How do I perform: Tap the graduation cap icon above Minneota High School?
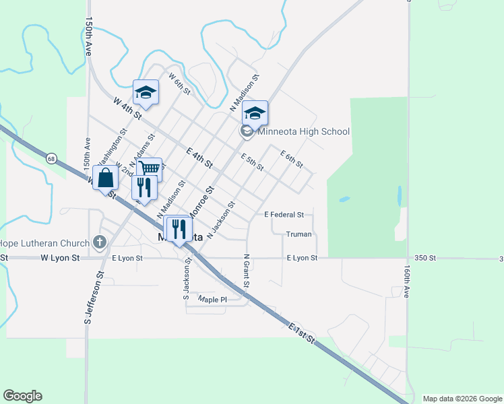click(x=255, y=113)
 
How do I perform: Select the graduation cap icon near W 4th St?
click(x=146, y=92)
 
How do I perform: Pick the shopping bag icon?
click(x=106, y=178)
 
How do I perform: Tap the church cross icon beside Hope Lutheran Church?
click(x=99, y=242)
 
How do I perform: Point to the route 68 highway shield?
click(x=52, y=158)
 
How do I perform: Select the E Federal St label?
click(x=284, y=215)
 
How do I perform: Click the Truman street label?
click(x=298, y=234)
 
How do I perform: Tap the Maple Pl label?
click(x=212, y=298)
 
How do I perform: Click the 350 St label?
click(x=427, y=258)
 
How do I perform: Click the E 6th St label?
click(x=292, y=159)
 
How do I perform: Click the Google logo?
click(x=22, y=396)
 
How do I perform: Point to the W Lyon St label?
click(x=60, y=258)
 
